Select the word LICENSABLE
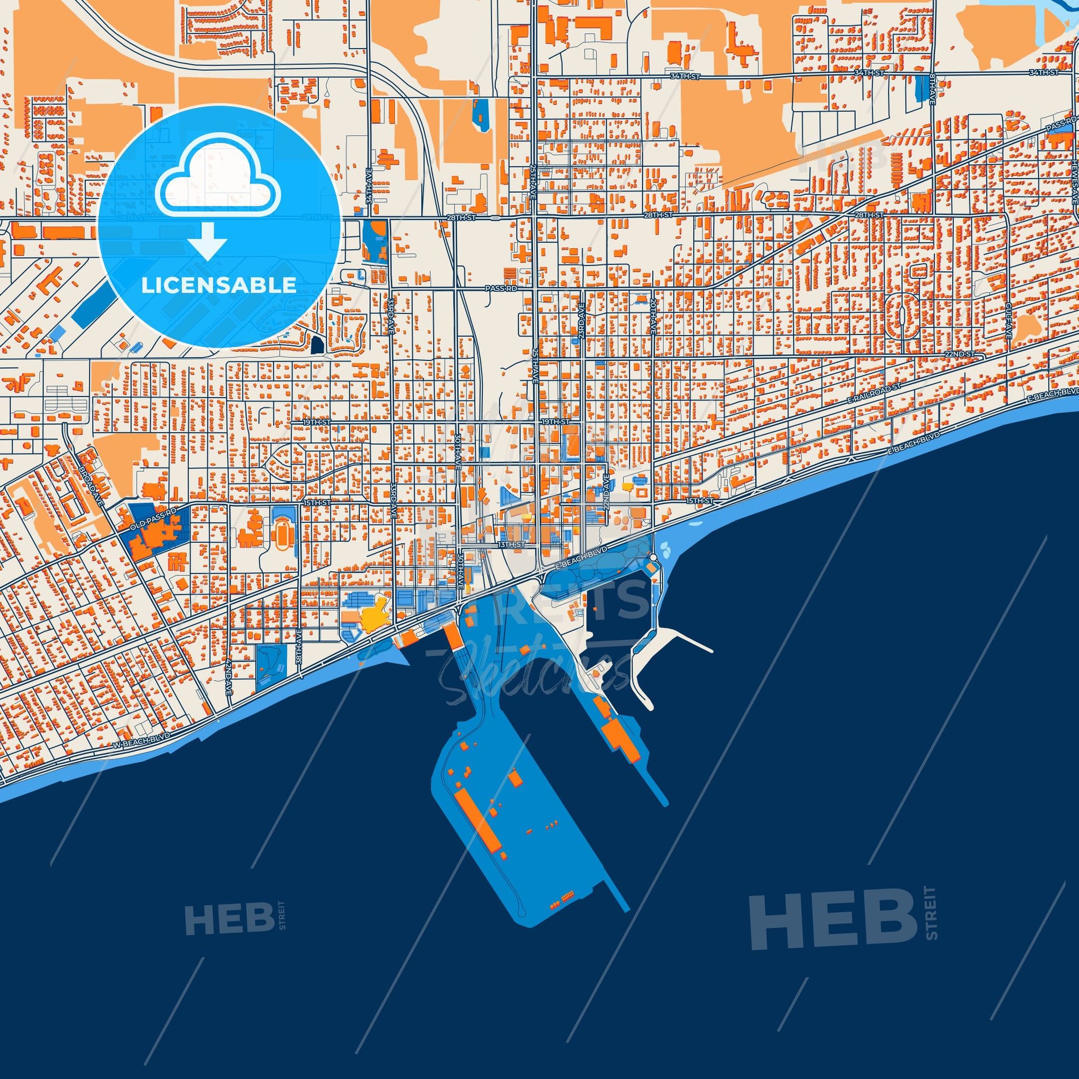pos(218,286)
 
